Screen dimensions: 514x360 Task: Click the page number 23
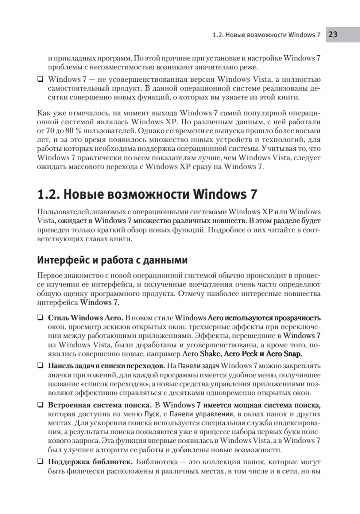click(333, 35)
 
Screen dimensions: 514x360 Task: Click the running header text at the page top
click(266, 35)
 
